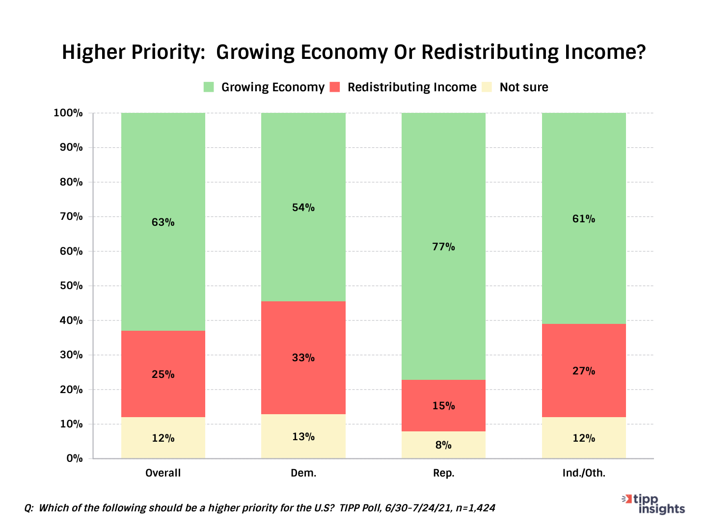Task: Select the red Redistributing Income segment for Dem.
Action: [x=303, y=334]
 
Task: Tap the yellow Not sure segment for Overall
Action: [x=163, y=438]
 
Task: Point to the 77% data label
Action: [x=443, y=247]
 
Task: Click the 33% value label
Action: [x=303, y=358]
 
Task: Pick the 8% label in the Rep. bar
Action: [x=443, y=445]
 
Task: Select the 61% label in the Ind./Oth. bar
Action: [x=584, y=219]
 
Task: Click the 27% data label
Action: [x=584, y=371]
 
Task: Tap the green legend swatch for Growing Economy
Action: [x=209, y=87]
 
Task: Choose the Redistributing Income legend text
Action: [x=412, y=87]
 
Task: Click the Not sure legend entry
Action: [x=523, y=87]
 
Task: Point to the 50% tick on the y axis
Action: [x=71, y=286]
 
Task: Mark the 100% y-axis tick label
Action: [x=68, y=113]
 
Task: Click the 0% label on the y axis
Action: [x=74, y=458]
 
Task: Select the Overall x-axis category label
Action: [x=163, y=473]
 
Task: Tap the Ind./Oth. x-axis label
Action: [x=584, y=473]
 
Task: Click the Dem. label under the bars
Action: [x=303, y=473]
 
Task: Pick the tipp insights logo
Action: [x=654, y=503]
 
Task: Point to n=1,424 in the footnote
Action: [x=475, y=508]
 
